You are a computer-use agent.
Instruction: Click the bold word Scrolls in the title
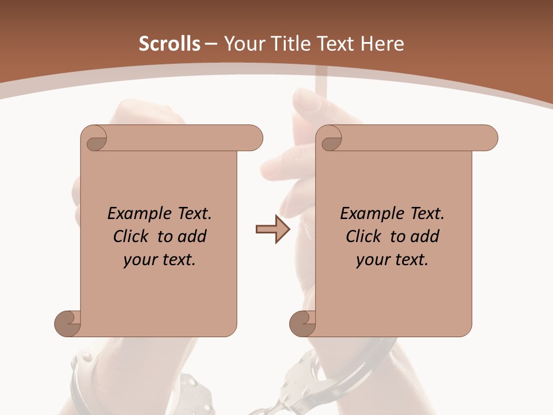tap(169, 44)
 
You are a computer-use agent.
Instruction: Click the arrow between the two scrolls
tap(272, 229)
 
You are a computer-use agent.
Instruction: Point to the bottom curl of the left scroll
tap(68, 323)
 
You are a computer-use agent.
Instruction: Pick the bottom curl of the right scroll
tap(302, 323)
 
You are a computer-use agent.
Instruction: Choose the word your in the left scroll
tap(140, 260)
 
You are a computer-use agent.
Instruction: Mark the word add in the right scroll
tap(426, 236)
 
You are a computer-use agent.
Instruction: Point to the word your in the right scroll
tap(373, 260)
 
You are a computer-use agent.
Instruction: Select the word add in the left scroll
tap(193, 236)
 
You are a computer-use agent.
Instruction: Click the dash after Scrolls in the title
tap(211, 44)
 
